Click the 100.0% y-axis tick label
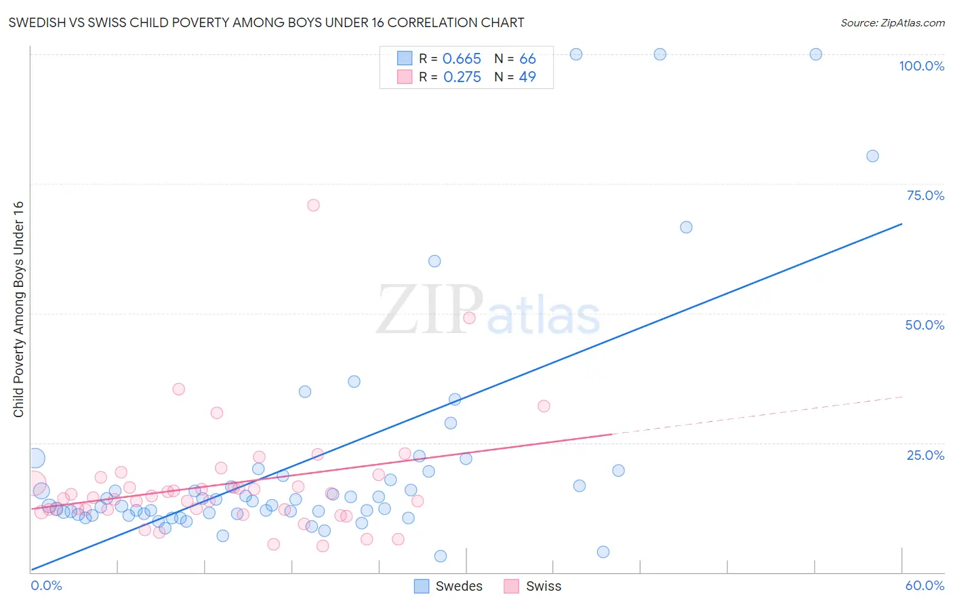(921, 66)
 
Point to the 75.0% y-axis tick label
(925, 195)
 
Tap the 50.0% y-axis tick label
(925, 325)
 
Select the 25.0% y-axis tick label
(925, 455)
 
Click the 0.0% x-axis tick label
(46, 585)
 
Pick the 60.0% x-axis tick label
(925, 585)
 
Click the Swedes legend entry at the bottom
(449, 586)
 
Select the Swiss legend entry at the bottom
(533, 586)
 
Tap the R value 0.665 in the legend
(462, 59)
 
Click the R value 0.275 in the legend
(462, 77)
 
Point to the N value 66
(527, 59)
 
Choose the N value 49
(527, 77)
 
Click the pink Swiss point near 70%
(313, 205)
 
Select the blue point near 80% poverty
(872, 156)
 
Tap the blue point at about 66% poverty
(686, 227)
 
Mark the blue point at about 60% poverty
(434, 261)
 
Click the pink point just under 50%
(469, 317)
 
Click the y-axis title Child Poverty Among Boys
(18, 309)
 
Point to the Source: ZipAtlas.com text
(892, 23)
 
